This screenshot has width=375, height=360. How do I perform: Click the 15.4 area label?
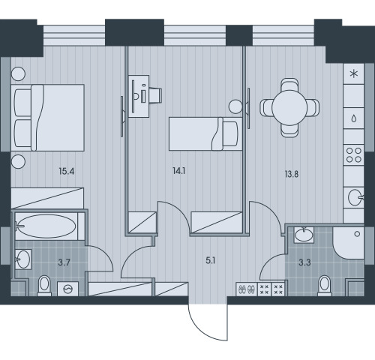point(67,172)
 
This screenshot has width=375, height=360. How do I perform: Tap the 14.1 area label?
point(179,171)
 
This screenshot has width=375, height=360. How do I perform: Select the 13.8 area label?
point(292,174)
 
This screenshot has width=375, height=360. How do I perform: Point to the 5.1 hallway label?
point(210,261)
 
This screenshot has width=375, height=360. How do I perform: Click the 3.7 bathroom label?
point(64,262)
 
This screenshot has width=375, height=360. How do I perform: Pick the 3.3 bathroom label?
point(304,262)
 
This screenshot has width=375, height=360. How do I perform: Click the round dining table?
point(289,108)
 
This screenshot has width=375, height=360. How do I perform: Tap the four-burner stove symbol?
point(354,155)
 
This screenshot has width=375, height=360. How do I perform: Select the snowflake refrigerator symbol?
point(354,73)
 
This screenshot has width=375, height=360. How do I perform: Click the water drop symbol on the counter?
point(354,118)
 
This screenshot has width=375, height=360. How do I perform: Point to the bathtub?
point(46,226)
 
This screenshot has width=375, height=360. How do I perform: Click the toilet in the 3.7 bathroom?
point(44,286)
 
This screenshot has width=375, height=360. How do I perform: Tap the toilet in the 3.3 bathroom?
point(325,286)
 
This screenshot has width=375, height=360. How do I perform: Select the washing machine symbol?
point(68,289)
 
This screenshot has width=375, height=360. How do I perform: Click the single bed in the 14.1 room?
point(205,133)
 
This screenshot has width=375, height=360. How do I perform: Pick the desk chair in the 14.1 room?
point(155,95)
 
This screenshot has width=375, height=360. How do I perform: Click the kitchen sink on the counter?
point(355,197)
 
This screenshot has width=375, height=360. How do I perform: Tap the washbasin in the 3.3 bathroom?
point(304,235)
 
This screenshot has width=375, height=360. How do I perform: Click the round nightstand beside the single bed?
point(235,106)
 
